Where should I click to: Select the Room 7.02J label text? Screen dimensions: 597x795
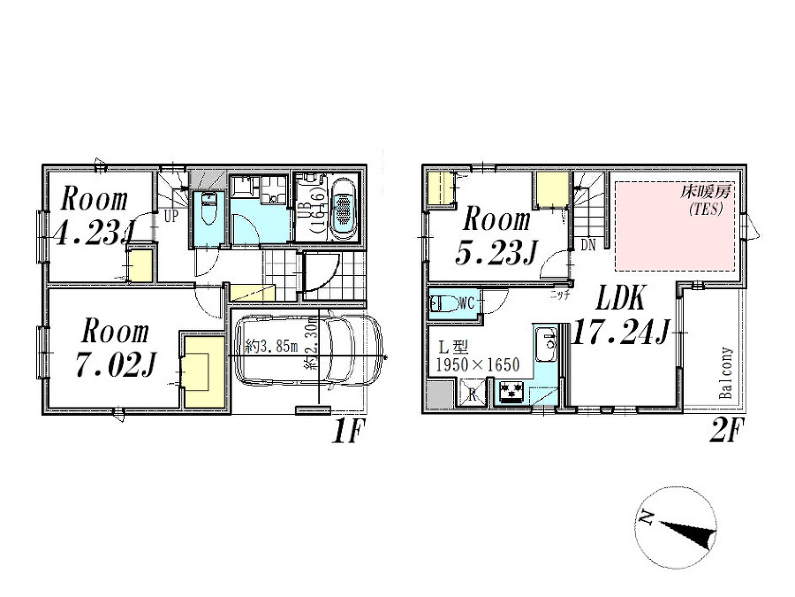(116, 348)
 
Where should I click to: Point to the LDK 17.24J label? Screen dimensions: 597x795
(619, 317)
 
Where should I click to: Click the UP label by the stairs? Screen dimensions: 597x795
(170, 215)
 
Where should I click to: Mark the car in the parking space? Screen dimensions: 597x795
(308, 348)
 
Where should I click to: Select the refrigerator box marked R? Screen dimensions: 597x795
(473, 394)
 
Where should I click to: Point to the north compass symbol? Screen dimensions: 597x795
(677, 529)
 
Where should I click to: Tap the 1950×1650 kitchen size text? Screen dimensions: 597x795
(474, 364)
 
